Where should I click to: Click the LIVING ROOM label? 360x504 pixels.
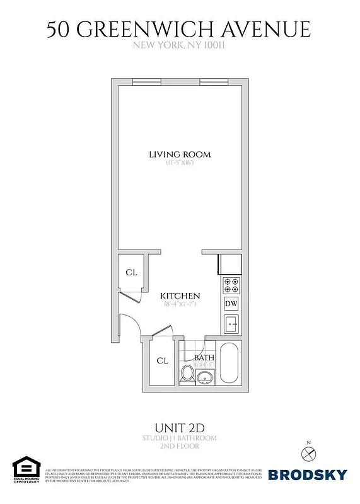tap(180, 154)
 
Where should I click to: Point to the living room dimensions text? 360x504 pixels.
tap(180, 163)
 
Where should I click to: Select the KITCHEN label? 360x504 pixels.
tap(180, 296)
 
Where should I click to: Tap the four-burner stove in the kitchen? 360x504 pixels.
tap(231, 285)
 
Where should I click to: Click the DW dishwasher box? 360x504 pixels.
tap(231, 304)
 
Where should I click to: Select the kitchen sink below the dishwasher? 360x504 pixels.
tap(231, 325)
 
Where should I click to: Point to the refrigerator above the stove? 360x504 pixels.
tap(230, 264)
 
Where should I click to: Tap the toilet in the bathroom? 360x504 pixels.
tap(187, 373)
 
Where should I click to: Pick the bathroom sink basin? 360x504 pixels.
tap(204, 377)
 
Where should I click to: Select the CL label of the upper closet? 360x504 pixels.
tap(131, 273)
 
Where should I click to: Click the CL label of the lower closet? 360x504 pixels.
tap(162, 361)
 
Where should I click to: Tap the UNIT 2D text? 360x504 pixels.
tap(180, 427)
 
